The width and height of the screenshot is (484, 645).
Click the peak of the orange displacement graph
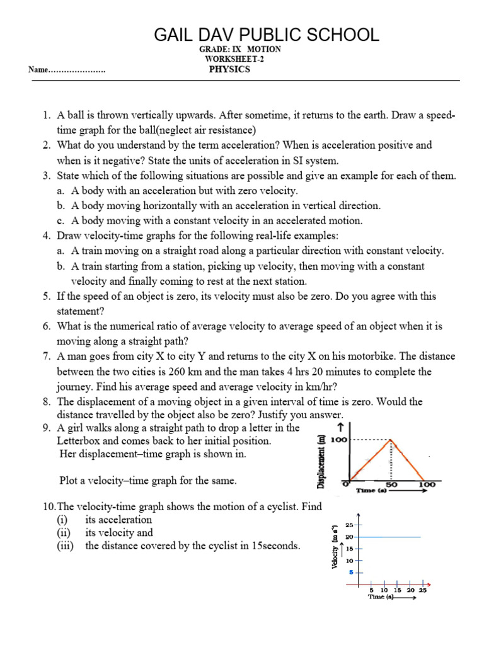391,440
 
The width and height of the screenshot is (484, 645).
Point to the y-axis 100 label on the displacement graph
338,440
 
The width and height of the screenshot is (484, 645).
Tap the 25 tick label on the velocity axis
350,525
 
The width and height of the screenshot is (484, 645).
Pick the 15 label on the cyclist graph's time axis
397,590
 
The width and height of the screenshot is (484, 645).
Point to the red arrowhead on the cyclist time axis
429,584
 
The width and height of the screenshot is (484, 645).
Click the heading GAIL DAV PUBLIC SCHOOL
267,35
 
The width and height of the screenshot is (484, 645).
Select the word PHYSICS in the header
229,69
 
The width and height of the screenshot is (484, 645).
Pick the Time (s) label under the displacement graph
371,489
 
